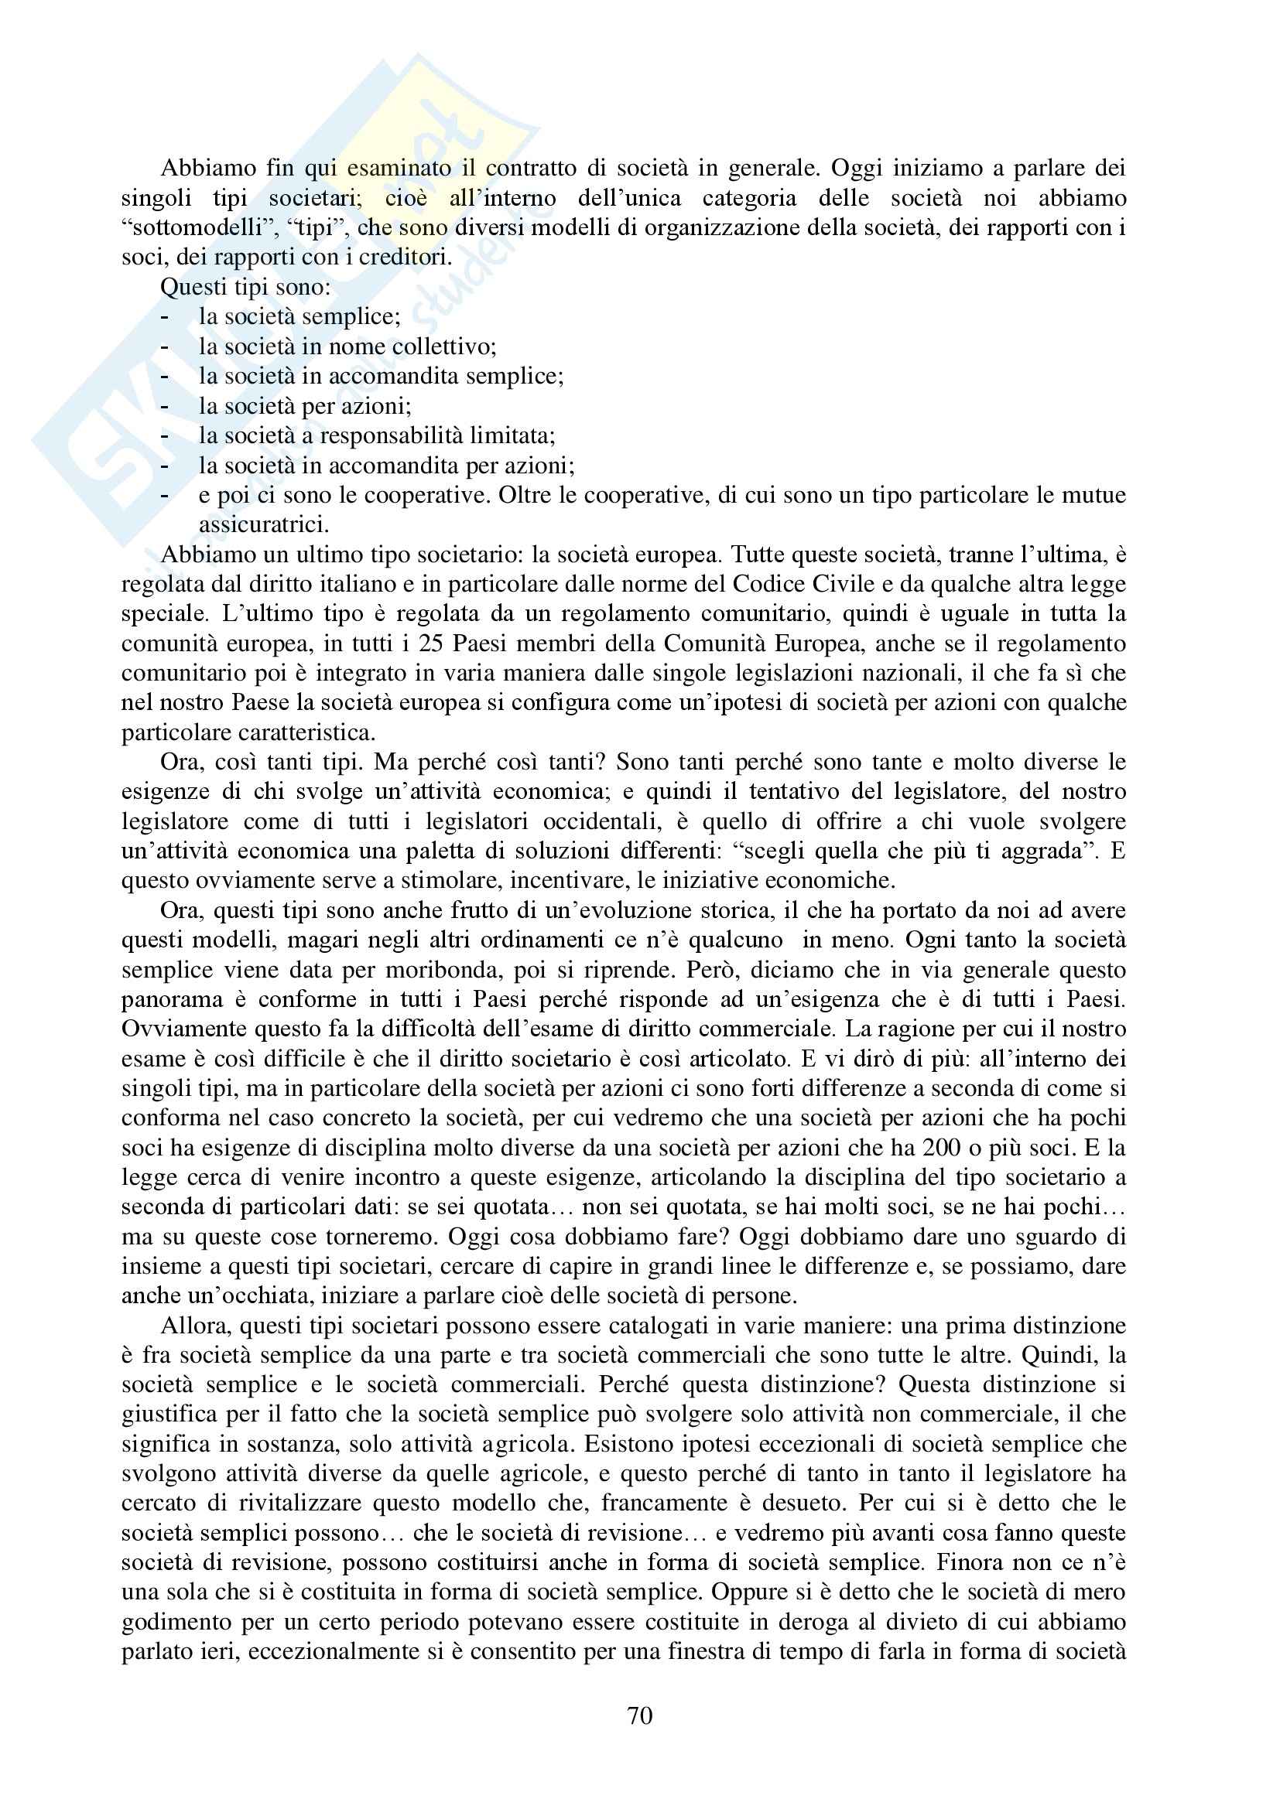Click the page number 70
coord(639,1716)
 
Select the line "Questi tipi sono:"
coord(245,287)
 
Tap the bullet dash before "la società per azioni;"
coord(165,407)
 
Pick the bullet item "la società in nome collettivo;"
coord(347,346)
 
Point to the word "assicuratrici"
coord(263,524)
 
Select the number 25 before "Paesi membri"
coord(430,643)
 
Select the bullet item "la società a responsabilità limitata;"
coord(377,435)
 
